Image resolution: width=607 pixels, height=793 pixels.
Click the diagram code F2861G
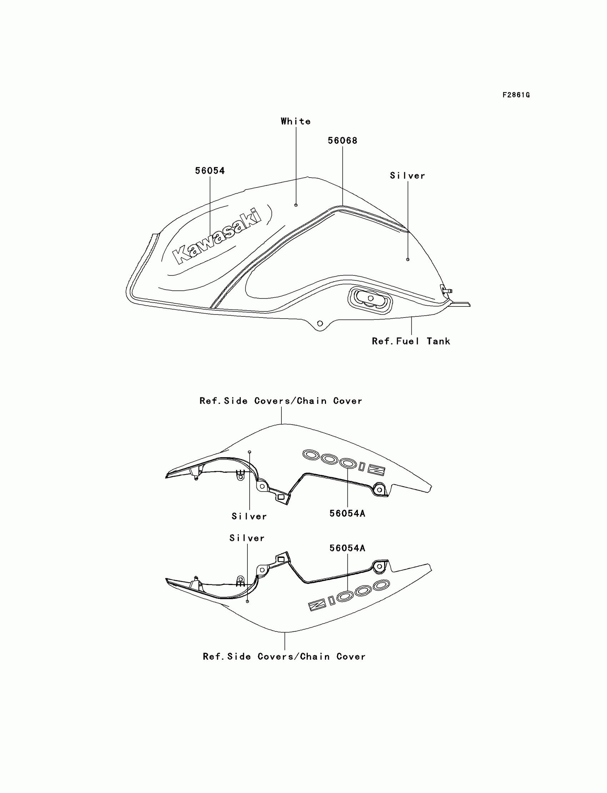click(516, 95)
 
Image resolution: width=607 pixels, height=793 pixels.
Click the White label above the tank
click(296, 121)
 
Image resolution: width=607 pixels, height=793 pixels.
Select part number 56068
click(342, 141)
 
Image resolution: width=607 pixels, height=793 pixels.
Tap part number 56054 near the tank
click(210, 171)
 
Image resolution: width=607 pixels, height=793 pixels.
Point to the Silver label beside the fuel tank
click(407, 176)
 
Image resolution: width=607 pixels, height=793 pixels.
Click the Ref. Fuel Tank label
click(411, 341)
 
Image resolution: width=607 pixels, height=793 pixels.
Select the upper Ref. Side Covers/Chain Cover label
click(281, 401)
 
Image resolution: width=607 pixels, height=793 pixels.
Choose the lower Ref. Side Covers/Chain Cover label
click(284, 656)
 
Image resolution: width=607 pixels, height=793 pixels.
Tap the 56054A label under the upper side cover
click(347, 513)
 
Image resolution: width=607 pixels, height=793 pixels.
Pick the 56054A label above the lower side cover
click(347, 548)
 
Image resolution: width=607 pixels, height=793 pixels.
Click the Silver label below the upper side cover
click(249, 516)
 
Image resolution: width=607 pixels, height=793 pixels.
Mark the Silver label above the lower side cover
click(247, 538)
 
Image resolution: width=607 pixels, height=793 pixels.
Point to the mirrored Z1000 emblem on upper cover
click(343, 462)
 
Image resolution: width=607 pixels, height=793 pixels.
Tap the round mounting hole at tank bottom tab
click(320, 324)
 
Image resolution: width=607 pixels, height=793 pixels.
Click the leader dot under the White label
click(296, 205)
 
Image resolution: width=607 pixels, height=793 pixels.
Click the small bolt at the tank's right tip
click(447, 290)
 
